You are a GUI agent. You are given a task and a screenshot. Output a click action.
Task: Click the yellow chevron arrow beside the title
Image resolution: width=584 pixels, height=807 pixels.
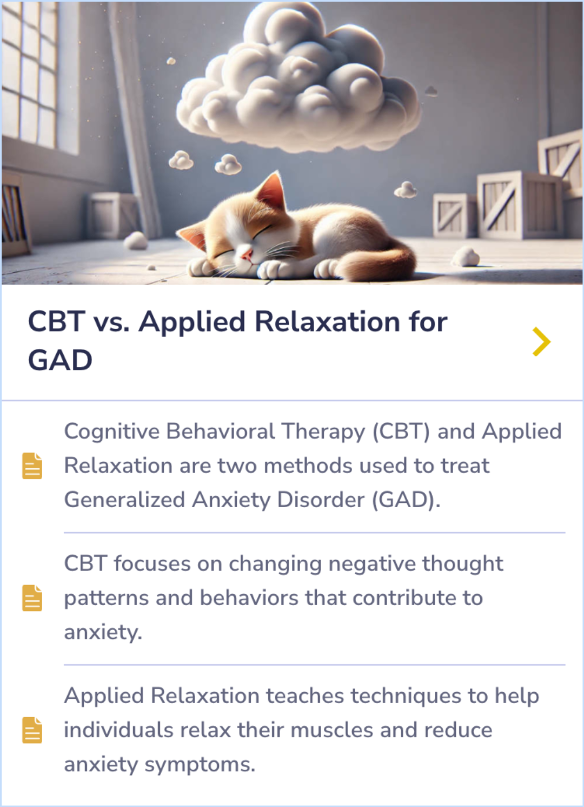tap(541, 342)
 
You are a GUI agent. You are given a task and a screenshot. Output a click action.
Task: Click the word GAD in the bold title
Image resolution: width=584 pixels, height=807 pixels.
tap(60, 360)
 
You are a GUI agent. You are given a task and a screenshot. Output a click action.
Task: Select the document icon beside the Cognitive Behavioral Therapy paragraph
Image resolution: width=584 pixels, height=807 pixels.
tap(32, 466)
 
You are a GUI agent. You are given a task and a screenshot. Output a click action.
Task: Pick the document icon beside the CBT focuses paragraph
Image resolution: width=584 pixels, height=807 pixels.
tap(32, 598)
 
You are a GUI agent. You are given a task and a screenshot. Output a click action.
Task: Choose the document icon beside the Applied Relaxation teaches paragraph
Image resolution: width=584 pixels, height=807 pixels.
tap(32, 730)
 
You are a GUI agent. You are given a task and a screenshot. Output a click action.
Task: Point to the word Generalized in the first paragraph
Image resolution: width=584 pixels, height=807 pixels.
tap(124, 500)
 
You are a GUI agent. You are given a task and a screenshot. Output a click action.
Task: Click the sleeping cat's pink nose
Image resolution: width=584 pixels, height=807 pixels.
tap(246, 253)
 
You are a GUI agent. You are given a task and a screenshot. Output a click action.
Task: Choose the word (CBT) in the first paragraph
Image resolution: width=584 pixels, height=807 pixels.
tap(401, 432)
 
